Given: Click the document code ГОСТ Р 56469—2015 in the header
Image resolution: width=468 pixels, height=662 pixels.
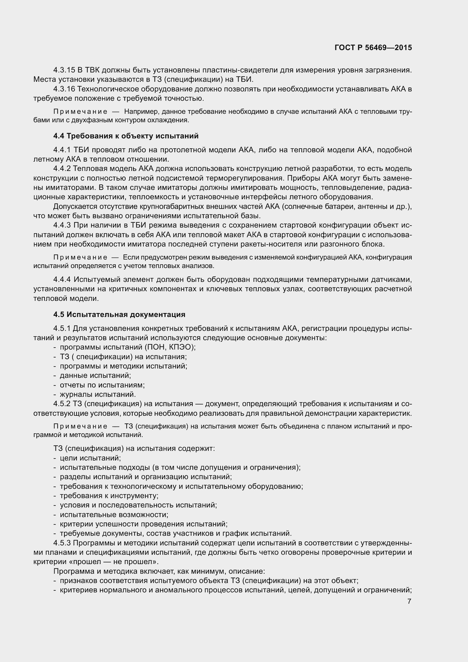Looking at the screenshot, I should coord(373,48).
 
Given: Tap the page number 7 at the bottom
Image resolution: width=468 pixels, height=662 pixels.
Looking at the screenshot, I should coord(409,601).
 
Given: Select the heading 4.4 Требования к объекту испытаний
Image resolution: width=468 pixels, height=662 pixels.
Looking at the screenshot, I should coord(126,136).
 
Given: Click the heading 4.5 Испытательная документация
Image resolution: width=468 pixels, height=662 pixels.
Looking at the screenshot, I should coord(119,314).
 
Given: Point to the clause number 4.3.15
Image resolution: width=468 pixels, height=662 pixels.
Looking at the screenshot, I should coord(64,70).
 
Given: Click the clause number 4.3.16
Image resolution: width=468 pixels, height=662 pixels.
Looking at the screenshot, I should coord(64,89).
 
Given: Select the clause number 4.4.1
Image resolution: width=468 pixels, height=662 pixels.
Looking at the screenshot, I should coord(62,150).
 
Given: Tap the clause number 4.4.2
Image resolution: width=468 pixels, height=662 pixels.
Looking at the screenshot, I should coord(62,169).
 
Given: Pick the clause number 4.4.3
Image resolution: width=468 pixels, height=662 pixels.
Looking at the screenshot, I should coord(62,225).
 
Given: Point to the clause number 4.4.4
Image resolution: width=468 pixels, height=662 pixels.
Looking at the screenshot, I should coord(62,279).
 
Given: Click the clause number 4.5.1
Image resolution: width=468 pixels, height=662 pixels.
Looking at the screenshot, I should coord(62,328).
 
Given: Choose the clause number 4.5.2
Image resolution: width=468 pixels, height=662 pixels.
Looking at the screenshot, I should coord(62,404).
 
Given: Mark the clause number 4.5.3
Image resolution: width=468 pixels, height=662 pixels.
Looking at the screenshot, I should coord(62,543).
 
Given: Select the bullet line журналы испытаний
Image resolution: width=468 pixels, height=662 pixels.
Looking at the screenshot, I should coord(98,394).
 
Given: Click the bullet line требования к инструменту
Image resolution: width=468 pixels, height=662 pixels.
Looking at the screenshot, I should coord(109,496).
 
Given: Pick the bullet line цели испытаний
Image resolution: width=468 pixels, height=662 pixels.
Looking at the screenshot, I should coord(90,458).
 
